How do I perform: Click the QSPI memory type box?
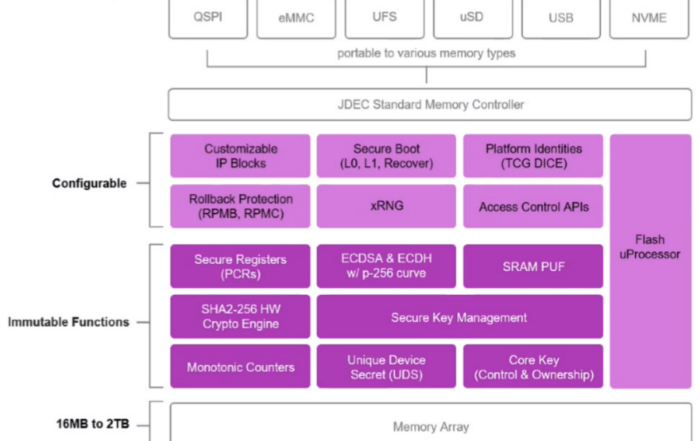coord(208,18)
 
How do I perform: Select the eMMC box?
coord(296,18)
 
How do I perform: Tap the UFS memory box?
coord(384,18)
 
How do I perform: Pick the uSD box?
coord(473,18)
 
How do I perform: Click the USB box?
coord(561,18)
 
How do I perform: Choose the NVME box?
coord(649,18)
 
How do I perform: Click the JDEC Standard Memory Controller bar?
coord(429,105)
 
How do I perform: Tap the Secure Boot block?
coord(386,156)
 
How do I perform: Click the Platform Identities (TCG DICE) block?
coord(533,156)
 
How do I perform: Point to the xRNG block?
coord(386,206)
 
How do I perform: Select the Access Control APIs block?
coord(533,206)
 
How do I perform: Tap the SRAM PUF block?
coord(533,266)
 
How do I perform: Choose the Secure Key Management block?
coord(459,317)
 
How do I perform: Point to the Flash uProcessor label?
coord(651,247)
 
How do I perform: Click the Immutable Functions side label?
coord(69,322)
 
